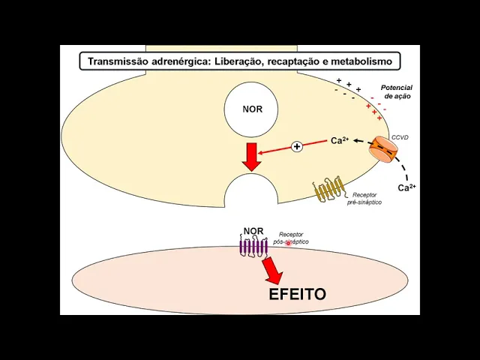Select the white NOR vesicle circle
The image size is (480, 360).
(253, 109)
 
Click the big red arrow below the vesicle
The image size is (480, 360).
(252, 155)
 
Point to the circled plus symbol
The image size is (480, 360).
(297, 147)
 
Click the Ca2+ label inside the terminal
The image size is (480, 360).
(340, 140)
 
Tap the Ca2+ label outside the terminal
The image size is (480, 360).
(406, 187)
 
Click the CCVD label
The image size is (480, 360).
(400, 138)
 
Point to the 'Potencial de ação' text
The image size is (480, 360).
(397, 91)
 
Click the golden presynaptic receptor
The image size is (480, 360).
(328, 190)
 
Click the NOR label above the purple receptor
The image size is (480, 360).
(253, 231)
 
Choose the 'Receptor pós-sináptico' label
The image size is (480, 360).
(291, 238)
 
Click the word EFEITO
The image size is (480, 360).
(297, 294)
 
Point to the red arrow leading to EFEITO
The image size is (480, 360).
(271, 269)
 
